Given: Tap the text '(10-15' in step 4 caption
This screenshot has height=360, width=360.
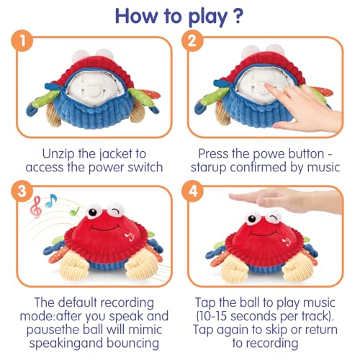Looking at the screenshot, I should point(219,317).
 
